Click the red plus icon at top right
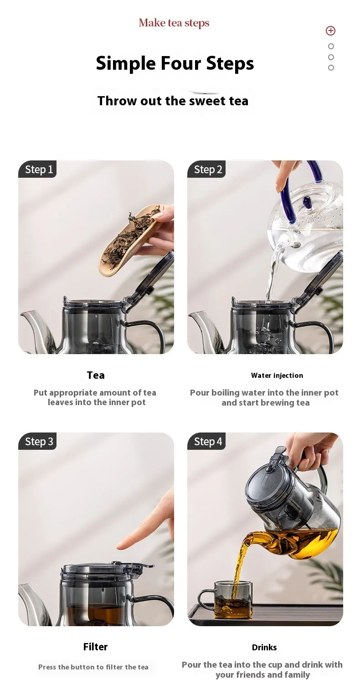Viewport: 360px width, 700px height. pyautogui.click(x=330, y=31)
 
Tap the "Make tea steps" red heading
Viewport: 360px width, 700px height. pyautogui.click(x=174, y=23)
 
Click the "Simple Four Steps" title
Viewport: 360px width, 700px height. pyautogui.click(x=175, y=63)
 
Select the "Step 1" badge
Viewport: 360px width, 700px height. pyautogui.click(x=37, y=170)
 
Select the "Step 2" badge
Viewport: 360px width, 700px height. pyautogui.click(x=206, y=170)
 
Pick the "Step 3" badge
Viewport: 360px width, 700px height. pyautogui.click(x=37, y=441)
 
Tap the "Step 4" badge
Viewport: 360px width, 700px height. pyautogui.click(x=206, y=441)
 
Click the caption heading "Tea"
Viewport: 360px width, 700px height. pyautogui.click(x=96, y=375)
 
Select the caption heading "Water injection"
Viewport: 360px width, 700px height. pyautogui.click(x=277, y=376)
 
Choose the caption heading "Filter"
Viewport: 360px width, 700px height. pyautogui.click(x=95, y=647)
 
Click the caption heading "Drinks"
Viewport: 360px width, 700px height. pyautogui.click(x=264, y=647)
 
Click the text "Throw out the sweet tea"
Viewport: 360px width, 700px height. pyautogui.click(x=173, y=101)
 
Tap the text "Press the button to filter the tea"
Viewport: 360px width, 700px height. pyautogui.click(x=93, y=667)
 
